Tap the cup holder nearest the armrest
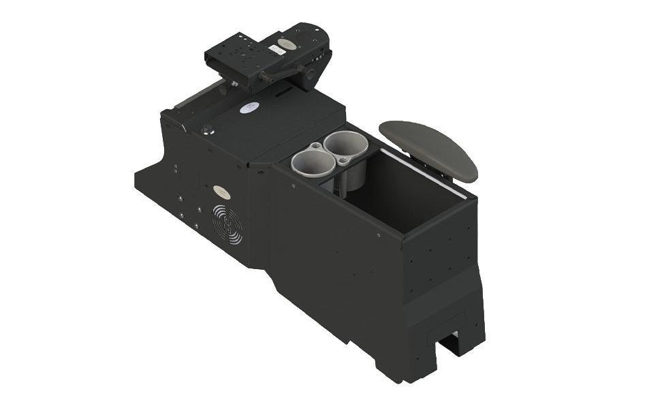[345, 145]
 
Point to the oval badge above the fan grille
[220, 191]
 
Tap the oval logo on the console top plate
[250, 107]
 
